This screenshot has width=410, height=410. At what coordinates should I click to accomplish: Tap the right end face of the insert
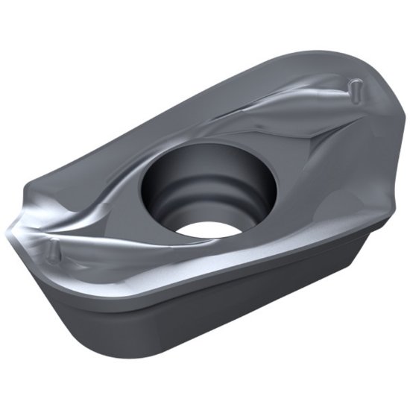[x=373, y=224]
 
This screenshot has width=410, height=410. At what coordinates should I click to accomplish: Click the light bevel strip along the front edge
[x=224, y=265]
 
